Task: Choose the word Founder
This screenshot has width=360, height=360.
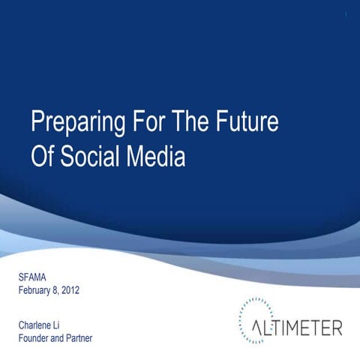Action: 36,337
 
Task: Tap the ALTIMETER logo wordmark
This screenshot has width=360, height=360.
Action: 296,328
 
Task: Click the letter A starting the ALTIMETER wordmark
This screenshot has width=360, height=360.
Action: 258,328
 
